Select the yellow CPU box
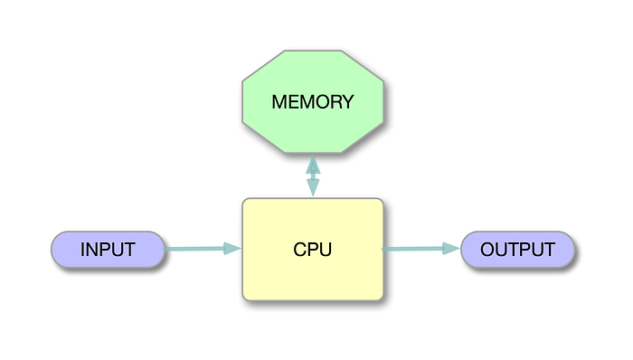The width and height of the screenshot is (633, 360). tap(312, 249)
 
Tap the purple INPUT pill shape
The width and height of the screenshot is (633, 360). tap(108, 250)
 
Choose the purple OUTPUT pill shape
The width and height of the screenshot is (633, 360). tap(517, 250)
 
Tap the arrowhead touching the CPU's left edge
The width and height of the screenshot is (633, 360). tap(232, 249)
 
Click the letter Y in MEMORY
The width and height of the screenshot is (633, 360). tap(346, 102)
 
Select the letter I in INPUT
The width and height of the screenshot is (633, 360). tap(83, 250)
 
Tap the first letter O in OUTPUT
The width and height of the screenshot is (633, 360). tap(487, 250)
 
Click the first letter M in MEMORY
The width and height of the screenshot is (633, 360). tap(279, 102)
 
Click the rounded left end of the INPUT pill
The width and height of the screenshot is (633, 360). tap(56, 250)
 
